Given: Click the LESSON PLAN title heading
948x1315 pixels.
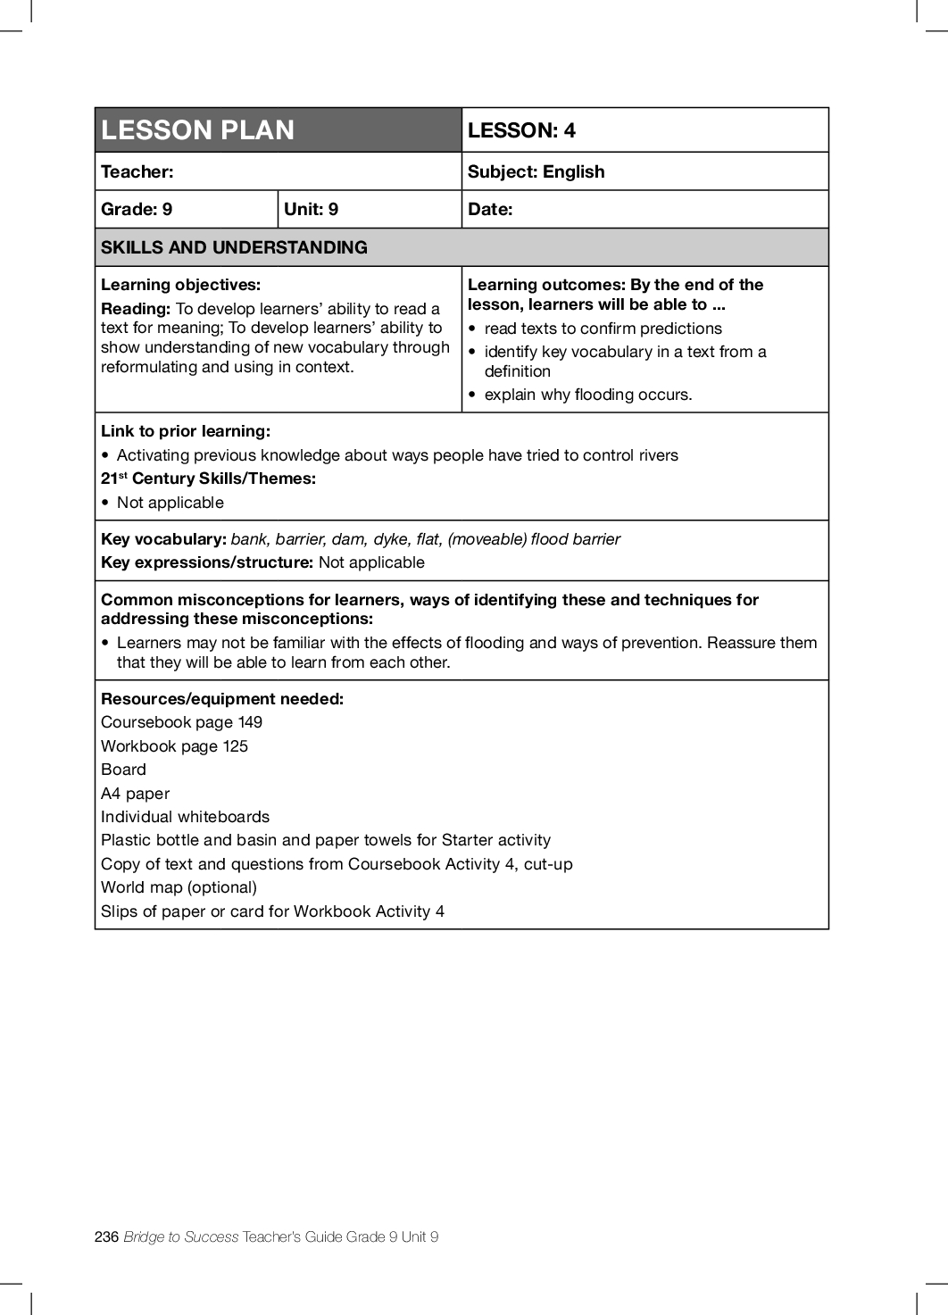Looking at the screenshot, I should click(197, 130).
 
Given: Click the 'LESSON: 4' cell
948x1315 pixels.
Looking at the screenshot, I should click(521, 130).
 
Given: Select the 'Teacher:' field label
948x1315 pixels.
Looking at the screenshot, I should click(137, 171).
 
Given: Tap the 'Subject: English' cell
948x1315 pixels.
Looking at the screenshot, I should click(536, 171).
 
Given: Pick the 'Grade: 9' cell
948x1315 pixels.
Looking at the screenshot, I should click(137, 209).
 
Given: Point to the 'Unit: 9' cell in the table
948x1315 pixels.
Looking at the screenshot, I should click(311, 209).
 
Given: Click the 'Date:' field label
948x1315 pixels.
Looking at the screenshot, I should click(490, 209).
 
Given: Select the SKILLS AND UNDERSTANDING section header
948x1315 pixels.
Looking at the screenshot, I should click(234, 247).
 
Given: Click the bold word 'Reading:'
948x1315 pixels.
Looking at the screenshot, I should click(136, 309).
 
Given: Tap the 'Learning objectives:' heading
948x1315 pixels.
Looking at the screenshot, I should click(180, 285).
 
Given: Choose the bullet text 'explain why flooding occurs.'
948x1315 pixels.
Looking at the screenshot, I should click(587, 395).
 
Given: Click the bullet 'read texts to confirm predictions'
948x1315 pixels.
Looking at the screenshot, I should click(603, 329).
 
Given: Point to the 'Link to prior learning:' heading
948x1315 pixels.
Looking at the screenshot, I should click(186, 431).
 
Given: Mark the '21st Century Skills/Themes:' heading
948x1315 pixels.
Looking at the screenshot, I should click(208, 479).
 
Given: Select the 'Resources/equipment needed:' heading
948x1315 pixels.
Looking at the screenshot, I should click(222, 699).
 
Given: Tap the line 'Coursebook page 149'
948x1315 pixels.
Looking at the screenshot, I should click(181, 722).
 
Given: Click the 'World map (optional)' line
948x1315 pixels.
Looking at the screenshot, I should click(179, 887).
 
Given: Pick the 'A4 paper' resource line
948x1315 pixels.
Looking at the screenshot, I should click(135, 794).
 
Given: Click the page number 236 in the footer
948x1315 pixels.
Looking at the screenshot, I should click(106, 1236).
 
